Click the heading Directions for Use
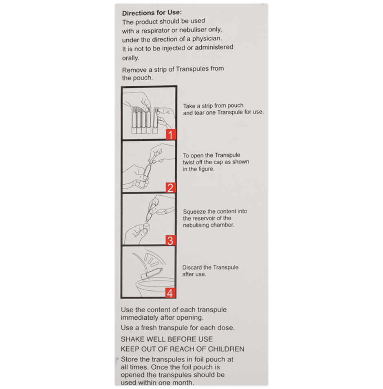(152, 13)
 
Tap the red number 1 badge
(170, 135)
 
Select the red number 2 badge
(170, 188)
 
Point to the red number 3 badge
(170, 240)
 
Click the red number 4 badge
(170, 293)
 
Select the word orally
(130, 58)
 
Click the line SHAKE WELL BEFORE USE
(167, 339)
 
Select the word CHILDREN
(226, 349)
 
